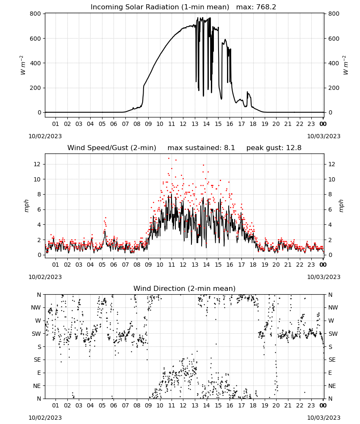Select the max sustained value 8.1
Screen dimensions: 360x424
[x=229, y=148]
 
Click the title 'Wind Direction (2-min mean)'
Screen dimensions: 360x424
[x=185, y=288]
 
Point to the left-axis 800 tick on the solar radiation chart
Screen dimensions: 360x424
[x=36, y=14]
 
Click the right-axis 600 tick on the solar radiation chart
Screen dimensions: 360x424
[x=334, y=39]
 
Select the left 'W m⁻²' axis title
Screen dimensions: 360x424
[x=23, y=65]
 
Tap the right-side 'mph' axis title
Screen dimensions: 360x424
[x=341, y=206]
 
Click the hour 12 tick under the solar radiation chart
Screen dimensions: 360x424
[x=183, y=124]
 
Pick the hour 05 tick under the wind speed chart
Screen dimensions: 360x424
[x=102, y=265]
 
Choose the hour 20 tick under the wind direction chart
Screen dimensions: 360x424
[x=276, y=405]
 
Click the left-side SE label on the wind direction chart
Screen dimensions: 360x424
[x=37, y=360]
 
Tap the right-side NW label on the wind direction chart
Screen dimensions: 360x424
[x=333, y=307]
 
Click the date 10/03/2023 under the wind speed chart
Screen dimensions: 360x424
[x=324, y=277]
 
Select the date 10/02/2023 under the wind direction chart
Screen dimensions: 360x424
[x=45, y=418]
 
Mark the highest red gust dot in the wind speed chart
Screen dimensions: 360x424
[x=169, y=159]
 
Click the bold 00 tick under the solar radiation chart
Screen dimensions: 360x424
[x=323, y=124]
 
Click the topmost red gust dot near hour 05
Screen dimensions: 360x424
[x=105, y=218]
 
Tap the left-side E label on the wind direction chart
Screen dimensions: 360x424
[x=39, y=373]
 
